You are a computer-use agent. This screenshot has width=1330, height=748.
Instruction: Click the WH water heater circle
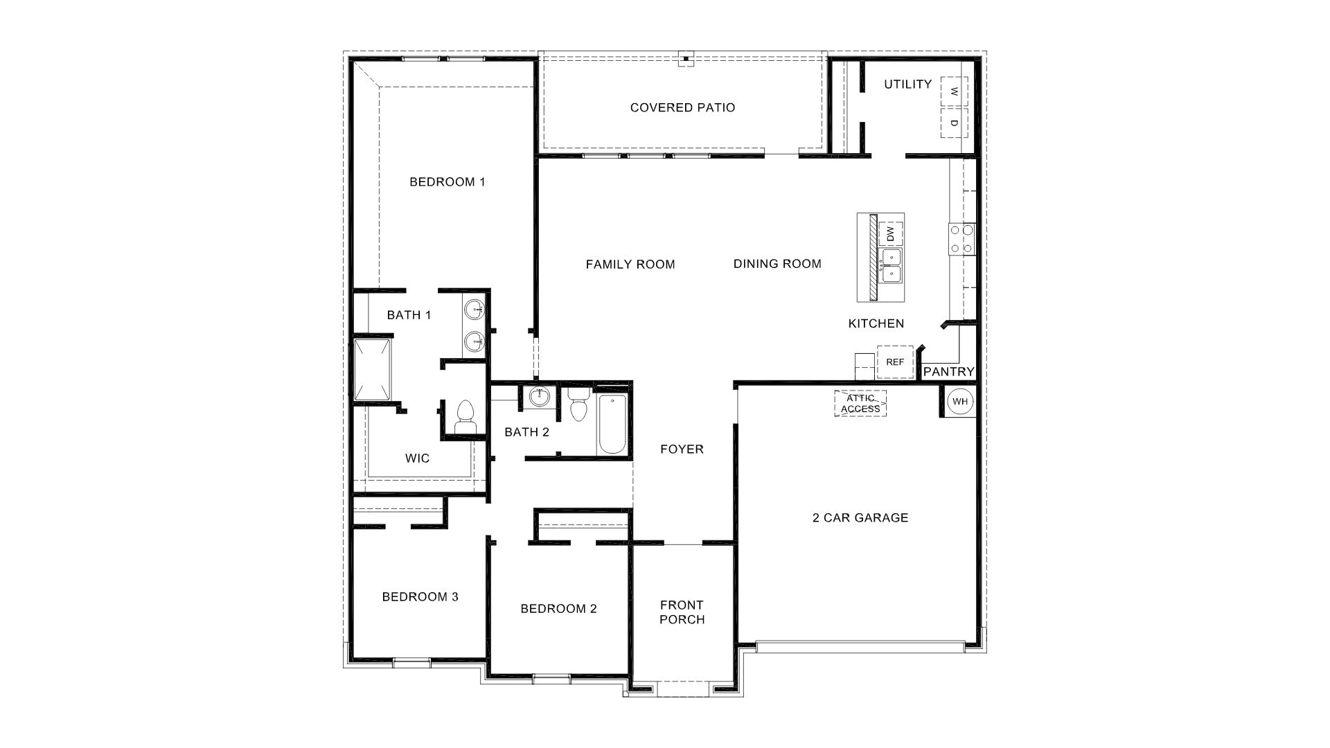point(959,402)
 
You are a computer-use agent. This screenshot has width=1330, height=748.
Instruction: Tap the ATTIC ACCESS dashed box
point(860,404)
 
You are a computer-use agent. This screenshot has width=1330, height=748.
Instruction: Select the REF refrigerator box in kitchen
point(894,362)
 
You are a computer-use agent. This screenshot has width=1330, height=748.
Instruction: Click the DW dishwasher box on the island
point(891,234)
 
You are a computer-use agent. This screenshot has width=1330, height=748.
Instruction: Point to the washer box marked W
point(954,91)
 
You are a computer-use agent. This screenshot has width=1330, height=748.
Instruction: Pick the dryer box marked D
point(954,123)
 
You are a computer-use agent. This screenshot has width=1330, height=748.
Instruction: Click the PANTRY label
point(948,372)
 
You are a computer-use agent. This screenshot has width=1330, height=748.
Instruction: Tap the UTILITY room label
point(907,84)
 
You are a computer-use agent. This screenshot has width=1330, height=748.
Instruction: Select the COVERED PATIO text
point(682,107)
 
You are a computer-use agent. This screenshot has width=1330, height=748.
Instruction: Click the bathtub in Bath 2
point(612,424)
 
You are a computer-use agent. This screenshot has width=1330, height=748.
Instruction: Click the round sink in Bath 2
point(539,398)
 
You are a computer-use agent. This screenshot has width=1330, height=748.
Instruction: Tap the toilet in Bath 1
point(465,417)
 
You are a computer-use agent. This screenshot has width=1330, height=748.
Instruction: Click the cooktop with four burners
point(962,239)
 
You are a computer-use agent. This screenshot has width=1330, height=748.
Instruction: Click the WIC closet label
point(417,458)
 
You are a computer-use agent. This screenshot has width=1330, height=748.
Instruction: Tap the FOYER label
point(682,449)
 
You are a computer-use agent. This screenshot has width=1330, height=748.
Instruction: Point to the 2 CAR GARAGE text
point(860,517)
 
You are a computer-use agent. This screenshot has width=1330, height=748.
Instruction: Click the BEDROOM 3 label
point(420,596)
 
